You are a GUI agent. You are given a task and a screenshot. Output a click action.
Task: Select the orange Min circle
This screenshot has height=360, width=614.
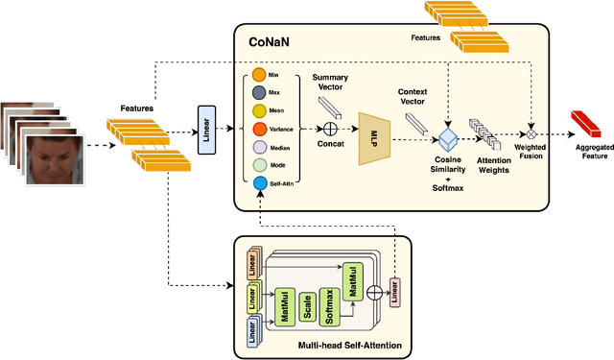coord(259,74)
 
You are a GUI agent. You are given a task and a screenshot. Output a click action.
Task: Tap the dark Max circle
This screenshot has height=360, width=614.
coord(259,92)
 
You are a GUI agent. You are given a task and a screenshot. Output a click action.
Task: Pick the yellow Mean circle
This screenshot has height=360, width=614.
coord(259,109)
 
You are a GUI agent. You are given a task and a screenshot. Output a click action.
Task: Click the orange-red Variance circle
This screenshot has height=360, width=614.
coord(259,128)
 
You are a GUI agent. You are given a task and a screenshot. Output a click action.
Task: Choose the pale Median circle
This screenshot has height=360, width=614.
coord(259,146)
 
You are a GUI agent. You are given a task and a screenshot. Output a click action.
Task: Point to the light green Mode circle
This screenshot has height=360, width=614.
coord(259,164)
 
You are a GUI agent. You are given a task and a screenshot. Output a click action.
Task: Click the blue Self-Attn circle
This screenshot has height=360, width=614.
coord(259,183)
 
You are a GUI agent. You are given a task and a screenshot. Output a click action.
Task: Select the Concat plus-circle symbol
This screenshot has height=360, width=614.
coord(330,127)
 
